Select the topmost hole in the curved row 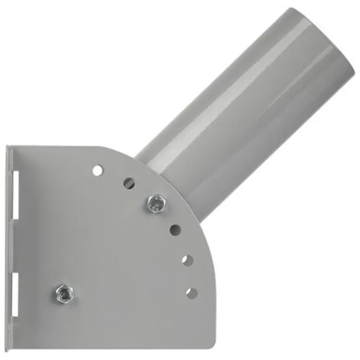pyautogui.click(x=97, y=170)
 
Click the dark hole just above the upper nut pyautogui.click(x=129, y=183)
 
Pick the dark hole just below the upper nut pyautogui.click(x=175, y=230)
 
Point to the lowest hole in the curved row pyautogui.click(x=191, y=293)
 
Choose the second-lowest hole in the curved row pyautogui.click(x=187, y=260)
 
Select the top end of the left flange pyautogui.click(x=9, y=149)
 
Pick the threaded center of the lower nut pyautogui.click(x=63, y=293)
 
